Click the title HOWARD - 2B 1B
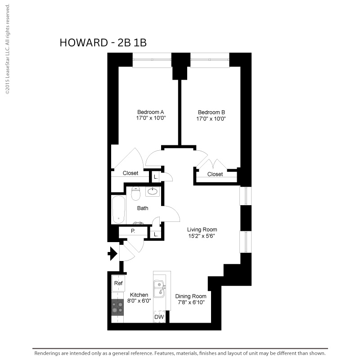click(x=103, y=43)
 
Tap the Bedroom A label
click(x=151, y=112)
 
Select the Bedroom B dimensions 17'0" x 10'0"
click(x=211, y=119)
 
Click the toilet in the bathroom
click(x=136, y=193)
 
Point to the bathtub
click(x=119, y=210)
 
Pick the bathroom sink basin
click(x=153, y=191)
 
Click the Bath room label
click(x=143, y=208)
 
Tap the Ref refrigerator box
click(x=118, y=283)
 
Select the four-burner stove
click(x=117, y=307)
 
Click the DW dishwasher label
click(x=159, y=317)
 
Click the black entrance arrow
click(x=112, y=254)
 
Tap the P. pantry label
click(x=133, y=231)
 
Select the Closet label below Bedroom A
click(x=130, y=173)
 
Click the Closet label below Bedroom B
click(x=215, y=174)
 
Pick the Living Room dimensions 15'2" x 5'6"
click(x=202, y=236)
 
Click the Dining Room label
click(x=191, y=297)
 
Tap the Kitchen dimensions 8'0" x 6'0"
click(x=139, y=301)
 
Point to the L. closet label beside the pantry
click(x=156, y=234)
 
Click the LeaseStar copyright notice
click(x=8, y=49)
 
